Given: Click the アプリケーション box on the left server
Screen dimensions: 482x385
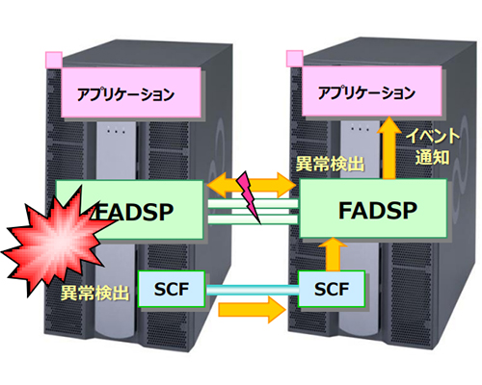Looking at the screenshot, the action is pos(131,92).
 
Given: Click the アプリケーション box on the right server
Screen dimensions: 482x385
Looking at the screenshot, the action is pos(372,91).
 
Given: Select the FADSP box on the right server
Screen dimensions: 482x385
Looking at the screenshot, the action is pos(373,209).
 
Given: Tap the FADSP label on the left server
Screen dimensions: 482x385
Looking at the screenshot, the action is pos(133,212).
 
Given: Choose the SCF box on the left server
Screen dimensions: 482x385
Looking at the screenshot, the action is pos(172,289).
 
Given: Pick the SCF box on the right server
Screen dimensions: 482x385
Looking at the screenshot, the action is pos(332,289).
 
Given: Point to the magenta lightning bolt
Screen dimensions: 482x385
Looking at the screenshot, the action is pos(248,197).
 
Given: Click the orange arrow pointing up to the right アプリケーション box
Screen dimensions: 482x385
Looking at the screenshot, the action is pos(389,147).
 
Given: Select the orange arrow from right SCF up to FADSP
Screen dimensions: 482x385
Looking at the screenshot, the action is pos(333,254).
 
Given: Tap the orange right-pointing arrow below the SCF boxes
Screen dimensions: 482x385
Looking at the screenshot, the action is pos(252,310).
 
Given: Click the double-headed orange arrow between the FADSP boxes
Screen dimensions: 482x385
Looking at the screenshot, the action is pos(251,185).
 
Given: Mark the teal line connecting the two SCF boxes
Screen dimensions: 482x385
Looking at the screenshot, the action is pos(252,290).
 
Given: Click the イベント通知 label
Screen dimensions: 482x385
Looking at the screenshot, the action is pos(432,146).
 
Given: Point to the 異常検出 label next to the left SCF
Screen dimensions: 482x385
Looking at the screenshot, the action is pos(94,293).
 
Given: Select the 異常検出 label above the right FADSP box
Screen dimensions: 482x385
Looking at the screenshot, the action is pos(330,164).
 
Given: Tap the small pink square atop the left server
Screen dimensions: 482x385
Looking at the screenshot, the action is pos(54,60).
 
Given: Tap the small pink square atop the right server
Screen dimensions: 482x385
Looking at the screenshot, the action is pos(295,59).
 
